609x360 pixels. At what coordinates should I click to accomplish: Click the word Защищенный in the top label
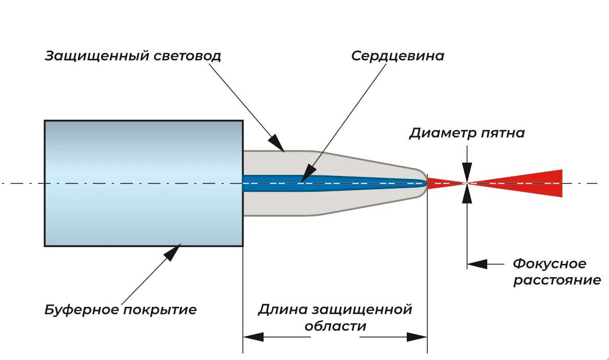[x=97, y=56]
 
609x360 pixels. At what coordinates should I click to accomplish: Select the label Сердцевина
[x=397, y=56]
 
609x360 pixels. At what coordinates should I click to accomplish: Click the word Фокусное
[x=549, y=264]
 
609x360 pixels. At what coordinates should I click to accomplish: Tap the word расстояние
[x=557, y=280]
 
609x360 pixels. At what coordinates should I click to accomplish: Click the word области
[x=335, y=326]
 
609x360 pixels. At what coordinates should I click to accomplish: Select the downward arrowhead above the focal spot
[x=467, y=170]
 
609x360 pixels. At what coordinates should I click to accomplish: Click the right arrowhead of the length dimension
[x=417, y=337]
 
